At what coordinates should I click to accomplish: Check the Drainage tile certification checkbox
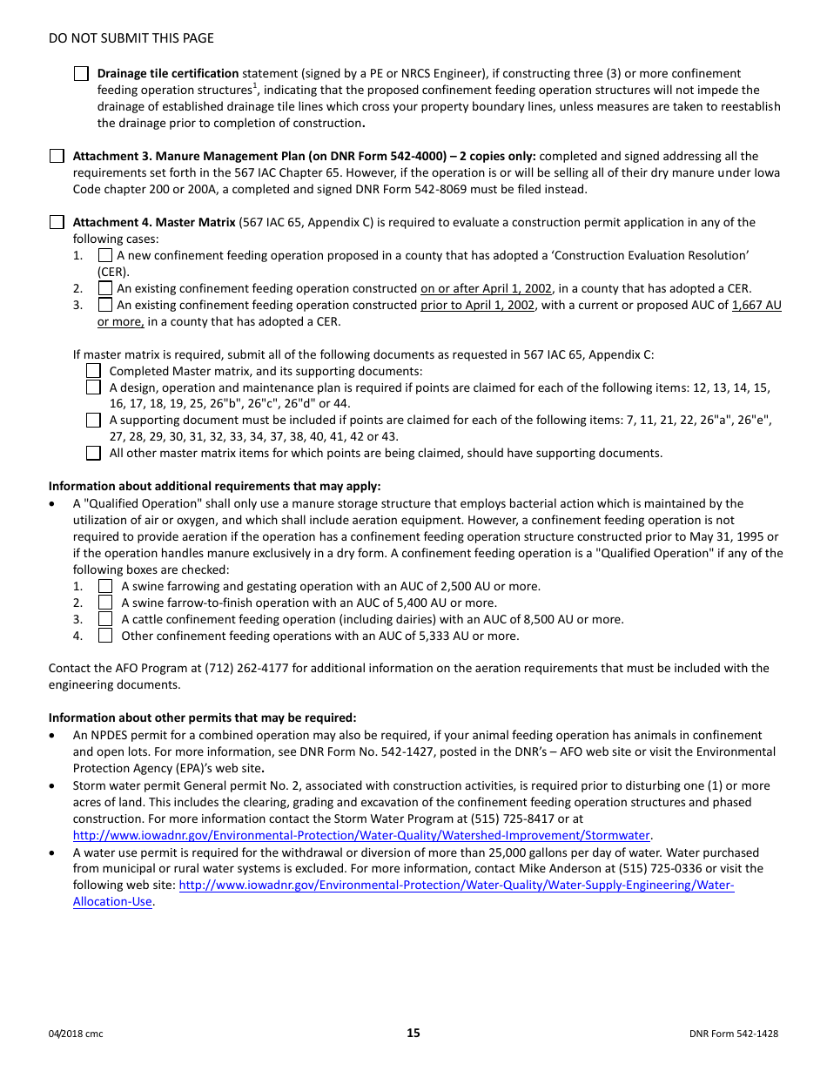pyautogui.click(x=81, y=74)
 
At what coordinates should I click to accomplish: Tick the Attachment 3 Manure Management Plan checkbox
pyautogui.click(x=57, y=157)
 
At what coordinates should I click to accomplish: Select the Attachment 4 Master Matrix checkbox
pyautogui.click(x=57, y=223)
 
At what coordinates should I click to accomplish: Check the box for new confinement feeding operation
pyautogui.click(x=105, y=256)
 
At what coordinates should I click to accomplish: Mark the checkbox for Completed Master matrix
pyautogui.click(x=93, y=371)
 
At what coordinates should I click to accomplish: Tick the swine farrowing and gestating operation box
pyautogui.click(x=105, y=587)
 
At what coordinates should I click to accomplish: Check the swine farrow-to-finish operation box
pyautogui.click(x=105, y=603)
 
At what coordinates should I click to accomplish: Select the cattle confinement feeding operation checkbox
pyautogui.click(x=105, y=619)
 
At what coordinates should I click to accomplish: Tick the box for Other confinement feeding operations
pyautogui.click(x=105, y=636)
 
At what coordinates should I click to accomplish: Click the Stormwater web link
pyautogui.click(x=361, y=836)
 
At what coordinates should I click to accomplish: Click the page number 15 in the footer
pyautogui.click(x=413, y=1034)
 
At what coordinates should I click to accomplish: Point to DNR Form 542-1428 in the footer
pyautogui.click(x=733, y=1034)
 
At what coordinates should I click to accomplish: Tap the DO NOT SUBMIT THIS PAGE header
pyautogui.click(x=131, y=38)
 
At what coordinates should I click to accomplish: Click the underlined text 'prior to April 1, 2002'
pyautogui.click(x=477, y=306)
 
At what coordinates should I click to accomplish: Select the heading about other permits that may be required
pyautogui.click(x=202, y=718)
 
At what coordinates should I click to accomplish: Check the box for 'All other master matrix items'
pyautogui.click(x=93, y=454)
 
